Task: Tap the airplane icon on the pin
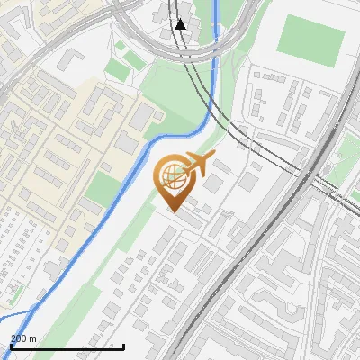(x=195, y=165)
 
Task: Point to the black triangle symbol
(x=181, y=24)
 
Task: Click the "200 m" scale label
(x=23, y=337)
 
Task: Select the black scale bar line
(x=67, y=346)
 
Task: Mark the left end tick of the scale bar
(x=11, y=345)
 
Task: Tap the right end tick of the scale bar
(x=123, y=345)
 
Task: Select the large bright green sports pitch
(x=310, y=35)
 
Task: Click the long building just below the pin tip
(x=188, y=218)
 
